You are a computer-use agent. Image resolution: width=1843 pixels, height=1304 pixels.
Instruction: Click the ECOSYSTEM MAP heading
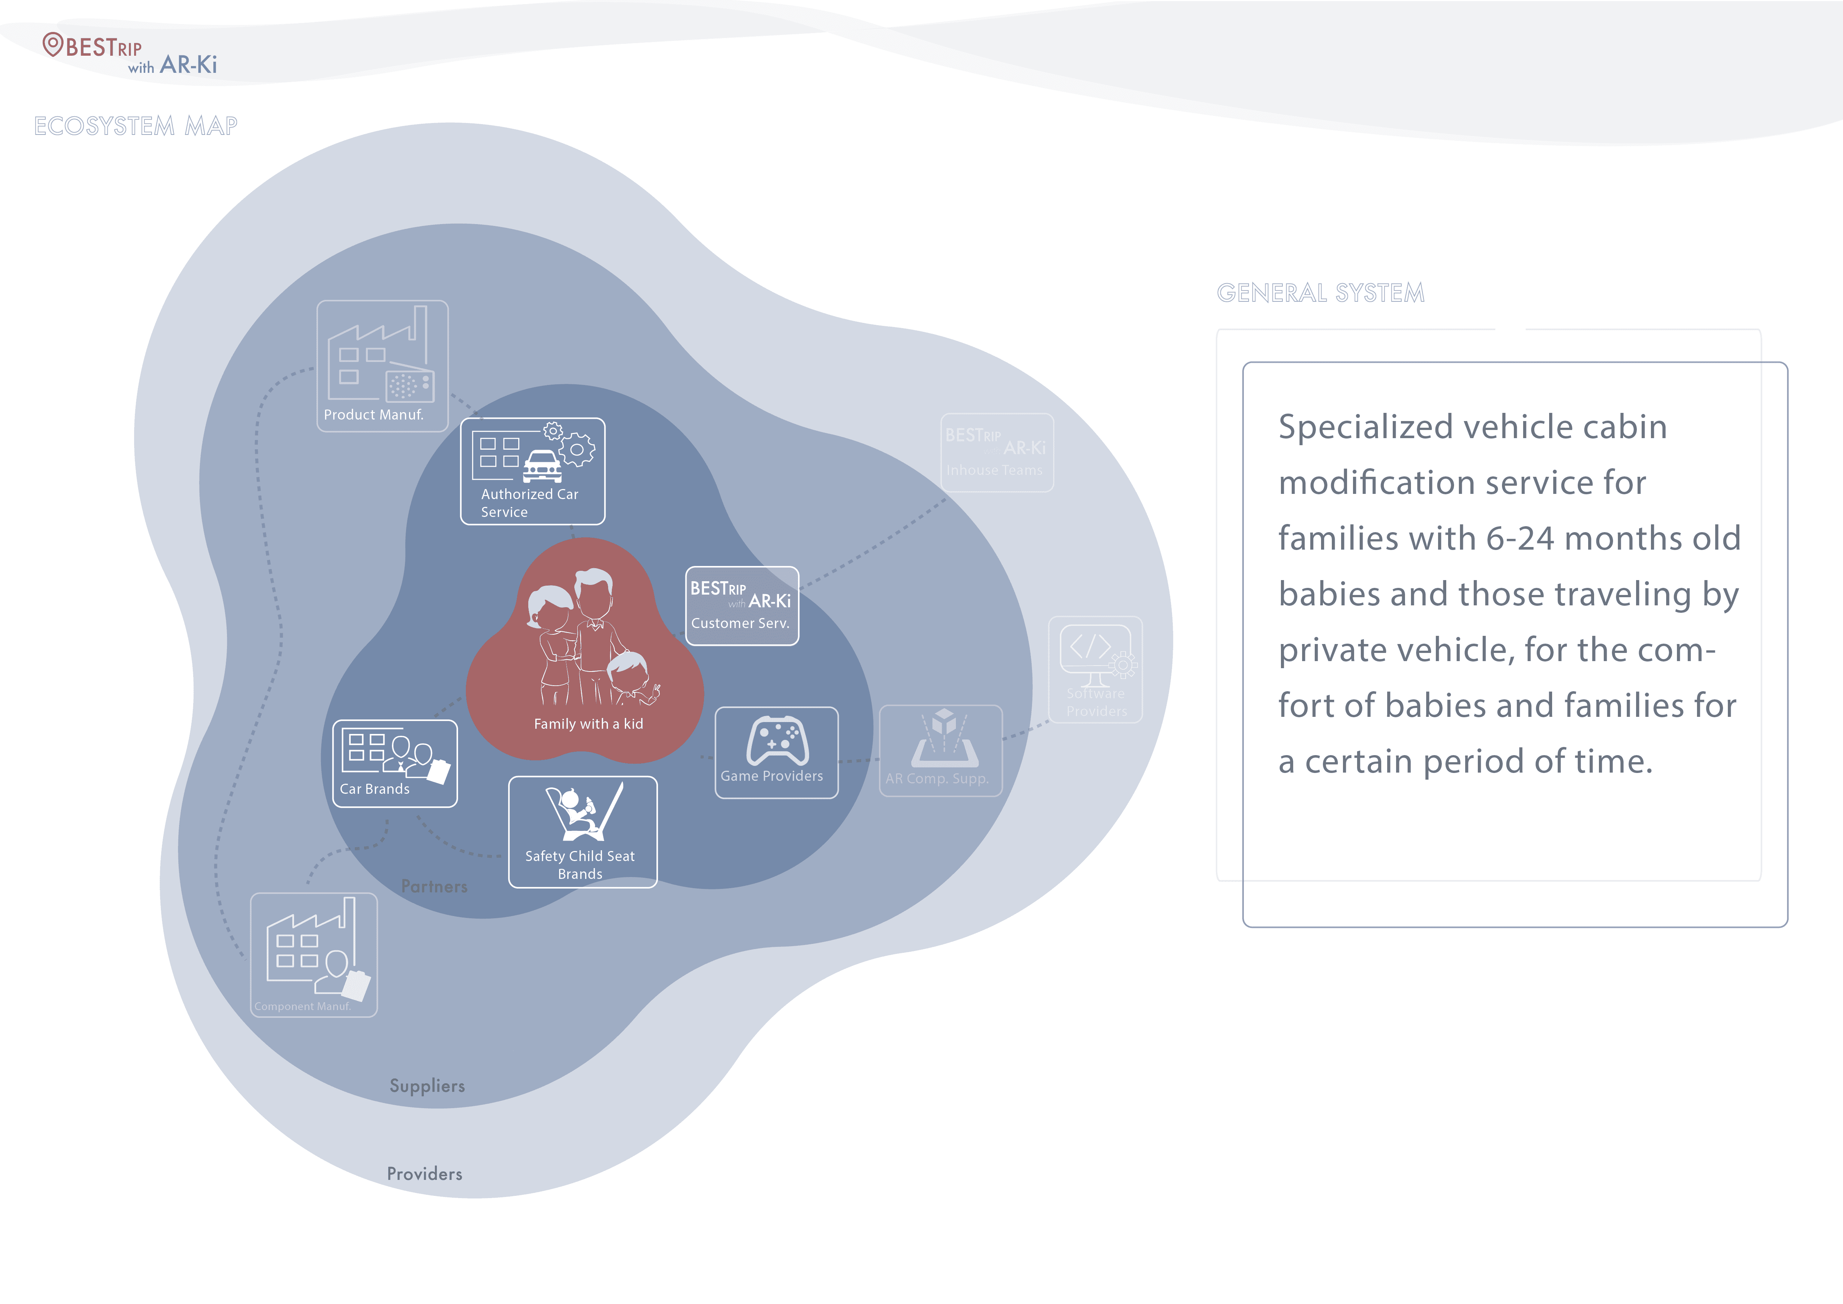tap(136, 126)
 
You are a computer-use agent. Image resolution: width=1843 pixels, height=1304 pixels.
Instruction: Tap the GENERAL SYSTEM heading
tap(1320, 293)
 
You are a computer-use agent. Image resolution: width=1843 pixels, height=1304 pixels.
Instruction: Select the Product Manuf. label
tap(373, 414)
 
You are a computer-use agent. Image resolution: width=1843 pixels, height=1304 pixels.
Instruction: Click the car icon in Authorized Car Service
tap(543, 466)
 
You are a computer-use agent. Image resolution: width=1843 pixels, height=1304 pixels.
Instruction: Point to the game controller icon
tap(777, 740)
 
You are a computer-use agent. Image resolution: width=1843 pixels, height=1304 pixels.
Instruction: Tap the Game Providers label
tap(771, 776)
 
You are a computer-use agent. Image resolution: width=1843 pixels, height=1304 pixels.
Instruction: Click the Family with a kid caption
tap(588, 724)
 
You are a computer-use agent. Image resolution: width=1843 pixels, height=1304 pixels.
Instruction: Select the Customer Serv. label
tap(740, 623)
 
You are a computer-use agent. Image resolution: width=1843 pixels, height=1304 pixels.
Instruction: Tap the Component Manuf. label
tap(303, 1006)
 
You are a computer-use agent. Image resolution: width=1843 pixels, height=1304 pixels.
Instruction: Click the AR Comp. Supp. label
tap(937, 778)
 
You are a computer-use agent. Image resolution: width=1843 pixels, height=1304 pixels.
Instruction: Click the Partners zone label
tap(434, 886)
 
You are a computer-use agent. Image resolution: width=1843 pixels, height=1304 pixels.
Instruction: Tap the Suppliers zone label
tap(427, 1085)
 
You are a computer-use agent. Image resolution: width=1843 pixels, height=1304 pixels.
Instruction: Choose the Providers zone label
tap(425, 1174)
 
